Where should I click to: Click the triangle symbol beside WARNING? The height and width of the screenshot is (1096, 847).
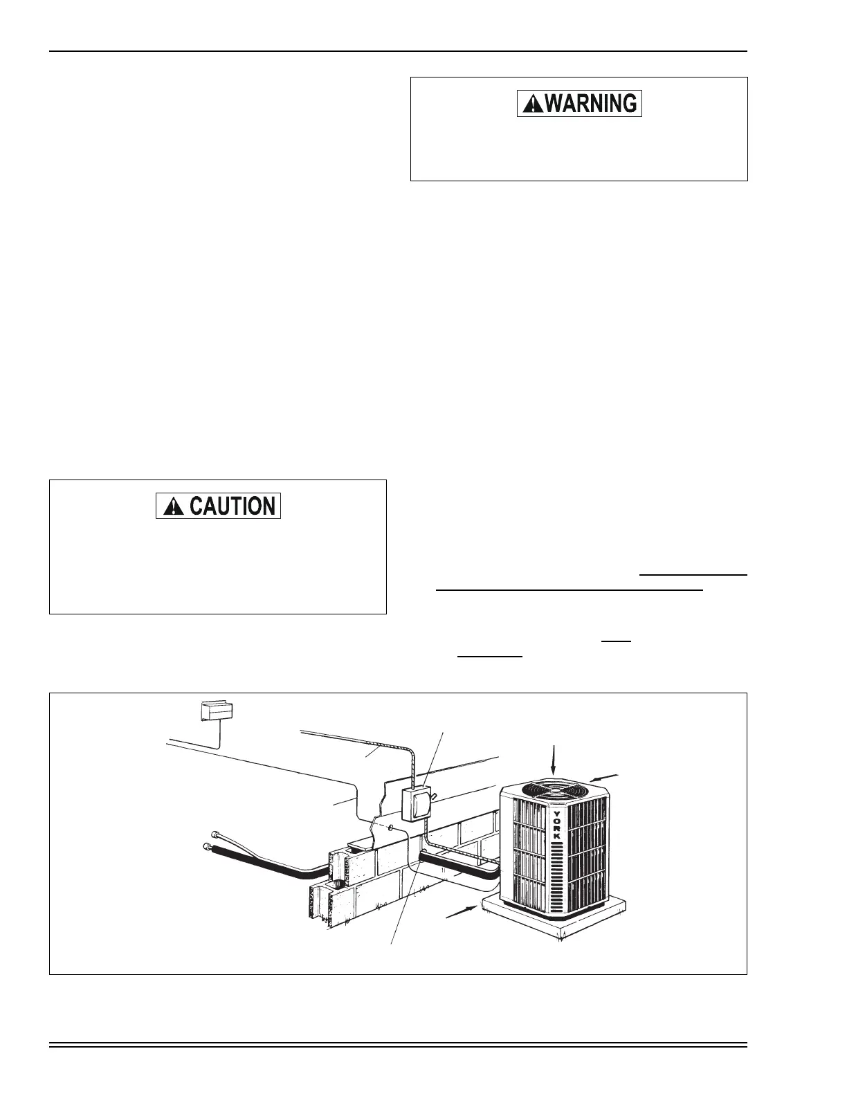(x=532, y=104)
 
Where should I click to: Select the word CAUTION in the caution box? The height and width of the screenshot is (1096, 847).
(x=232, y=506)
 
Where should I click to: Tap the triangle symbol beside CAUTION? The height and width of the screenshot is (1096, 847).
(x=170, y=506)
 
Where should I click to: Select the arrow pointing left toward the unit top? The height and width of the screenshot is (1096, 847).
(x=604, y=778)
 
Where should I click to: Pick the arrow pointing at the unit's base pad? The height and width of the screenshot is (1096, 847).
(x=459, y=911)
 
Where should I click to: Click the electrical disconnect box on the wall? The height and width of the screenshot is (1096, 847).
(x=417, y=803)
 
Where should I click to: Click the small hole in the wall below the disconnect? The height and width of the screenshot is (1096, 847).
(x=392, y=827)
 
